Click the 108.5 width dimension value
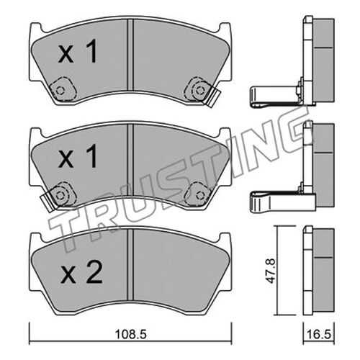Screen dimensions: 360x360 [x=131, y=334]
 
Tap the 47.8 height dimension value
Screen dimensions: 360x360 [x=272, y=270]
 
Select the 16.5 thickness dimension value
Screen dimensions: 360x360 [x=320, y=334]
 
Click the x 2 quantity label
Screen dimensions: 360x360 [x=82, y=272]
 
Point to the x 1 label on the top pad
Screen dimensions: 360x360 [x=78, y=51]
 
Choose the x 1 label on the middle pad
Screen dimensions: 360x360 [x=78, y=156]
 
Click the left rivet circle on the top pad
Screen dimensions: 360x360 [x=60, y=91]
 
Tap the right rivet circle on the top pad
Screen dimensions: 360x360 [x=199, y=91]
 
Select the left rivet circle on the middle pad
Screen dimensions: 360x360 [x=60, y=195]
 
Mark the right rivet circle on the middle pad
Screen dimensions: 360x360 [x=199, y=196]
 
